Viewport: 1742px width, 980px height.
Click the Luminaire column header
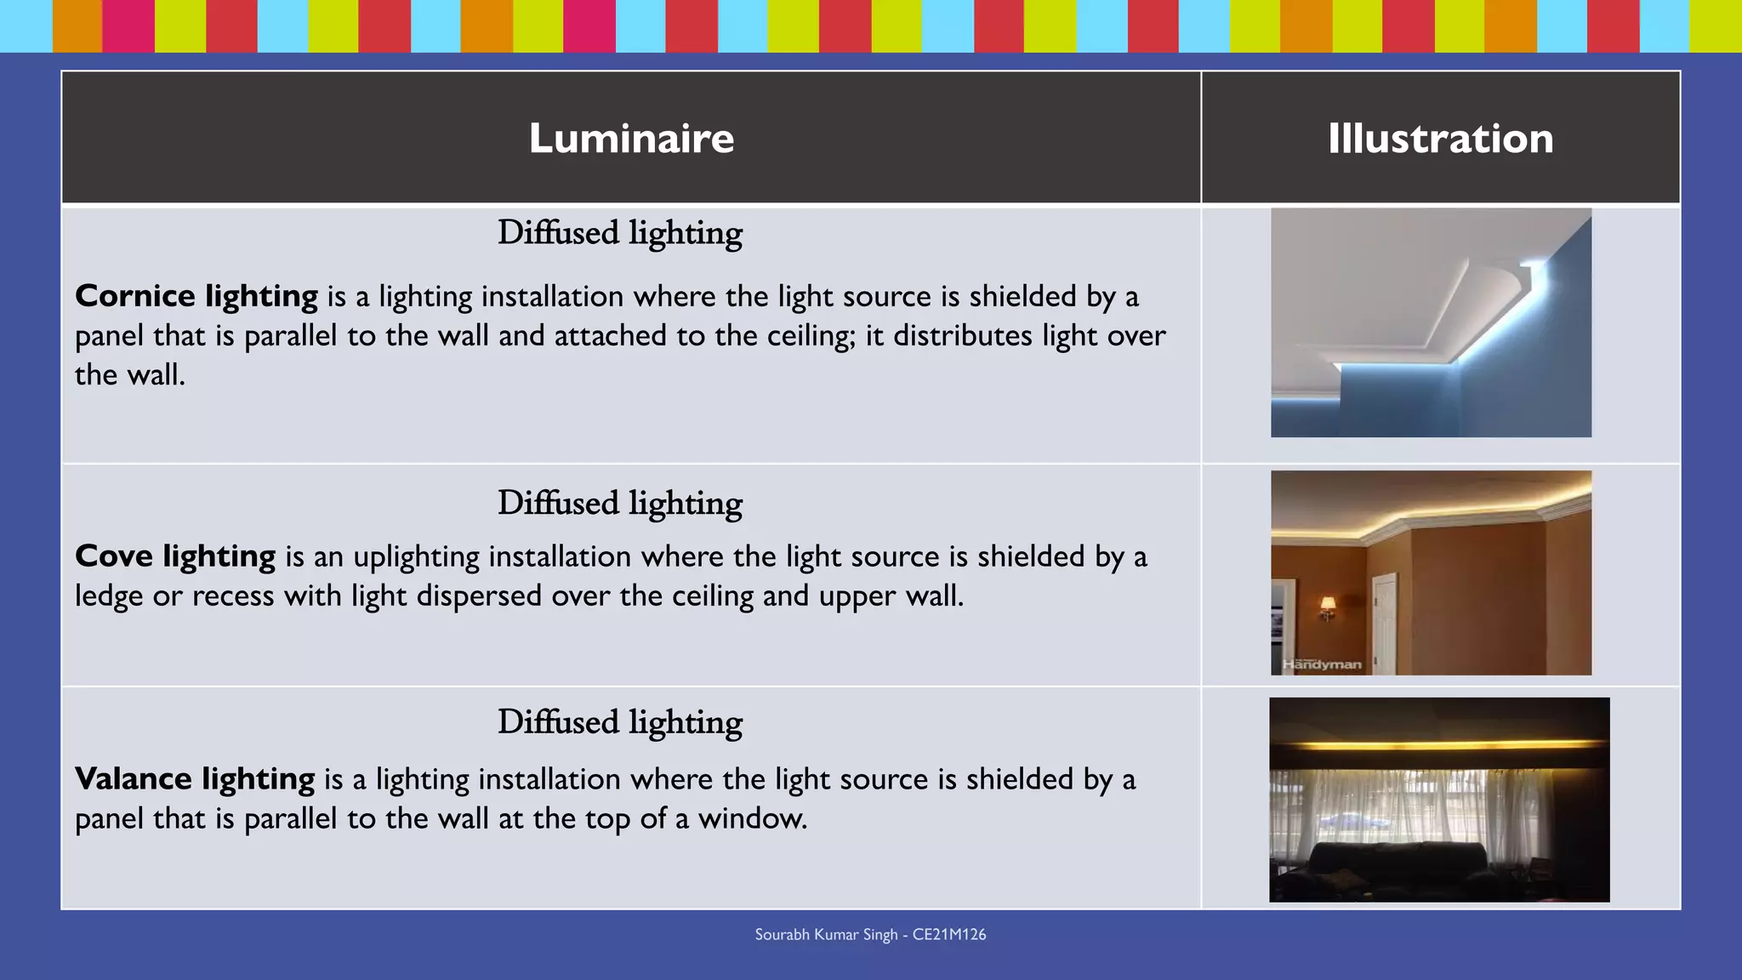(631, 138)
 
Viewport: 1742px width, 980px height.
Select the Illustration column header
(1440, 138)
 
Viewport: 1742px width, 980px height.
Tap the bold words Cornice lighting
(196, 296)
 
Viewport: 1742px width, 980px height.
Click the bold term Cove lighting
(175, 556)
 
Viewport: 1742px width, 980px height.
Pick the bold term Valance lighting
(195, 779)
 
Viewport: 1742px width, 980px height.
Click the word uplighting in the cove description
(417, 557)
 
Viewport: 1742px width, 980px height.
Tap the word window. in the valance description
(753, 818)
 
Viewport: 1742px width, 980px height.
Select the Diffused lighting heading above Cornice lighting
(620, 233)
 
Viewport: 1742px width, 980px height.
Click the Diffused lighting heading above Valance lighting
(620, 722)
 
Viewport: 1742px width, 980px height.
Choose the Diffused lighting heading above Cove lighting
(620, 504)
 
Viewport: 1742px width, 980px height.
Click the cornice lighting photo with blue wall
(1431, 323)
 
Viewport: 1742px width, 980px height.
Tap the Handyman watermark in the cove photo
(1322, 664)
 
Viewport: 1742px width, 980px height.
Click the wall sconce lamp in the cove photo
(1327, 607)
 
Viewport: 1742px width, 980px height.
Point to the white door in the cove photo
(1385, 621)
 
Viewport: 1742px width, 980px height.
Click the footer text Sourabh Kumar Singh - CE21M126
(870, 934)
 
